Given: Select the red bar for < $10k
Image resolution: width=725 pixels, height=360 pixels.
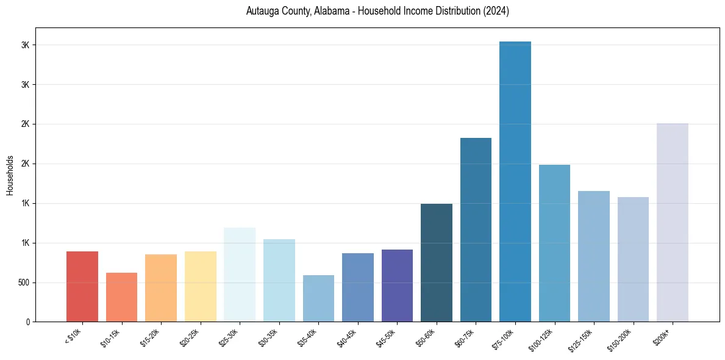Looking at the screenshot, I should [x=82, y=287].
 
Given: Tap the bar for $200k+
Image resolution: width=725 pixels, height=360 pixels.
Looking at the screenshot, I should [x=673, y=223].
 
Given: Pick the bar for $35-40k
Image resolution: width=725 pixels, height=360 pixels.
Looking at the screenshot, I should [x=318, y=298].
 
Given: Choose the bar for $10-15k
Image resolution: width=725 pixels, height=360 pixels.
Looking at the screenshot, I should [x=121, y=297].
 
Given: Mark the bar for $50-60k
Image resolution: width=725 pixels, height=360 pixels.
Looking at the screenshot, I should [x=437, y=263].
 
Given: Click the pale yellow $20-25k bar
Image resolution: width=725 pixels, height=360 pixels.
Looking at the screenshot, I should [x=201, y=287].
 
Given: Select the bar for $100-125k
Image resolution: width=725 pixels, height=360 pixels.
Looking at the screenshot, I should [x=554, y=243].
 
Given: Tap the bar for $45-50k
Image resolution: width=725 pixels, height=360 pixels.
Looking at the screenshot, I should [x=397, y=286].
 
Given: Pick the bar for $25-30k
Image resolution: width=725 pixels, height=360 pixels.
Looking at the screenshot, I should [x=240, y=275].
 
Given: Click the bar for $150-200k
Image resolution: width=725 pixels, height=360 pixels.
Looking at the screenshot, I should [x=633, y=259].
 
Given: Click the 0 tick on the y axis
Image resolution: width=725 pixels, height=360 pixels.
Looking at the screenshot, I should [x=28, y=322].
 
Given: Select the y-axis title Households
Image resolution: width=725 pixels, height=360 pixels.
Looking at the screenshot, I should [x=10, y=175].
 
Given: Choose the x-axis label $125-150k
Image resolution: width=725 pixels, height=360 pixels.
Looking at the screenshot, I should [x=582, y=338].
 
